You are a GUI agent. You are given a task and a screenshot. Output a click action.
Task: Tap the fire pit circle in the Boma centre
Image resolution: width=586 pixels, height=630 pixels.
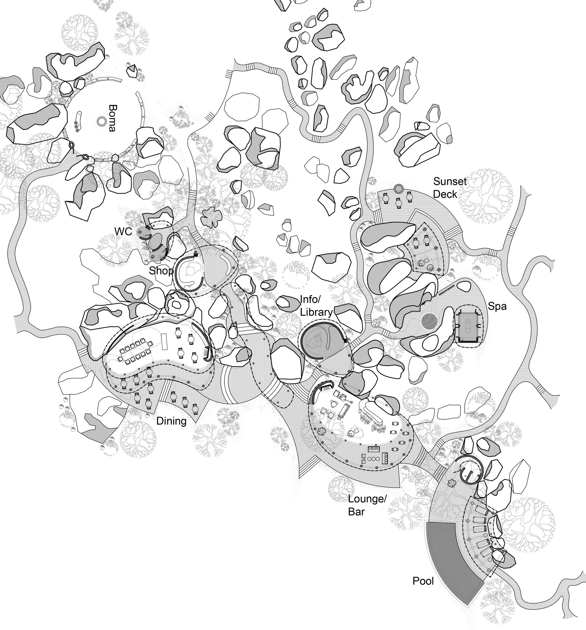coord(102,121)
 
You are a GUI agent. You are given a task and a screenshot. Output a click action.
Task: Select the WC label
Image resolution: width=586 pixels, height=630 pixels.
coord(123,231)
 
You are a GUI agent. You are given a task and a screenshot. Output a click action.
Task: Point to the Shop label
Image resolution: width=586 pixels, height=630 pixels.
coord(161,271)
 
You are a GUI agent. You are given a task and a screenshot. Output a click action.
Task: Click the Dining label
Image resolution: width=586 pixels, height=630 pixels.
coord(171,421)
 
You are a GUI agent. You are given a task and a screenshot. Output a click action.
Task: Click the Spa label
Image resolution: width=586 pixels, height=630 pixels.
coord(497,306)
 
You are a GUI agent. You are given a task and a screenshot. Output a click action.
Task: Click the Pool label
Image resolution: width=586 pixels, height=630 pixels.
coord(423,581)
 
